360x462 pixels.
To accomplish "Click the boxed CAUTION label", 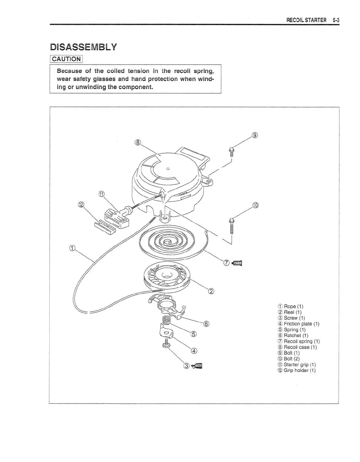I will tap(66, 59).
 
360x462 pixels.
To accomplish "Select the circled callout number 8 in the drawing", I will tap(138, 142).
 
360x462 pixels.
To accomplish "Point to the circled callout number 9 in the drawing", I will tap(254, 135).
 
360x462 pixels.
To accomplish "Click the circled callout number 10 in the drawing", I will tap(255, 205).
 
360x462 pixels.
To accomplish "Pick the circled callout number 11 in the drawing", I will tap(101, 194).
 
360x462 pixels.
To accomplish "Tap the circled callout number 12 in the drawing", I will tap(81, 205).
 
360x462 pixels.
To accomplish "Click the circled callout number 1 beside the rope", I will tap(72, 248).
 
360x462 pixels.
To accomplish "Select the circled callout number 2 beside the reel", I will tap(211, 291).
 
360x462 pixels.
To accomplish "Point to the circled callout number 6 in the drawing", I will tap(206, 324).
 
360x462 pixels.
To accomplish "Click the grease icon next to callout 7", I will tap(237, 263).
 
